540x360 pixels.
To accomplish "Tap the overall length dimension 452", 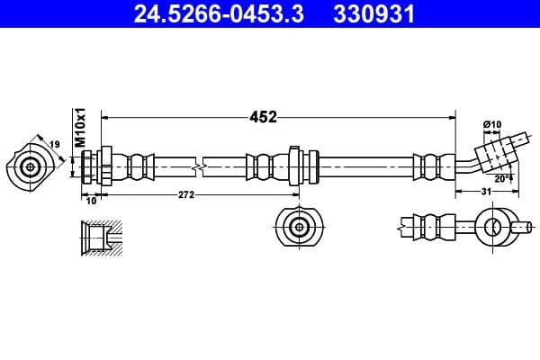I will tap(263, 116).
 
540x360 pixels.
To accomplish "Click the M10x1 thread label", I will tap(79, 128).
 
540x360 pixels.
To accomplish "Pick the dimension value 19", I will tap(53, 143).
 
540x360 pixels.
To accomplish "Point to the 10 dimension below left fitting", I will tap(90, 202).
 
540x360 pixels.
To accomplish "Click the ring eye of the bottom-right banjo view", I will tap(493, 227).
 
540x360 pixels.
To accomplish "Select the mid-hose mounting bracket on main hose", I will tap(296, 166).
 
